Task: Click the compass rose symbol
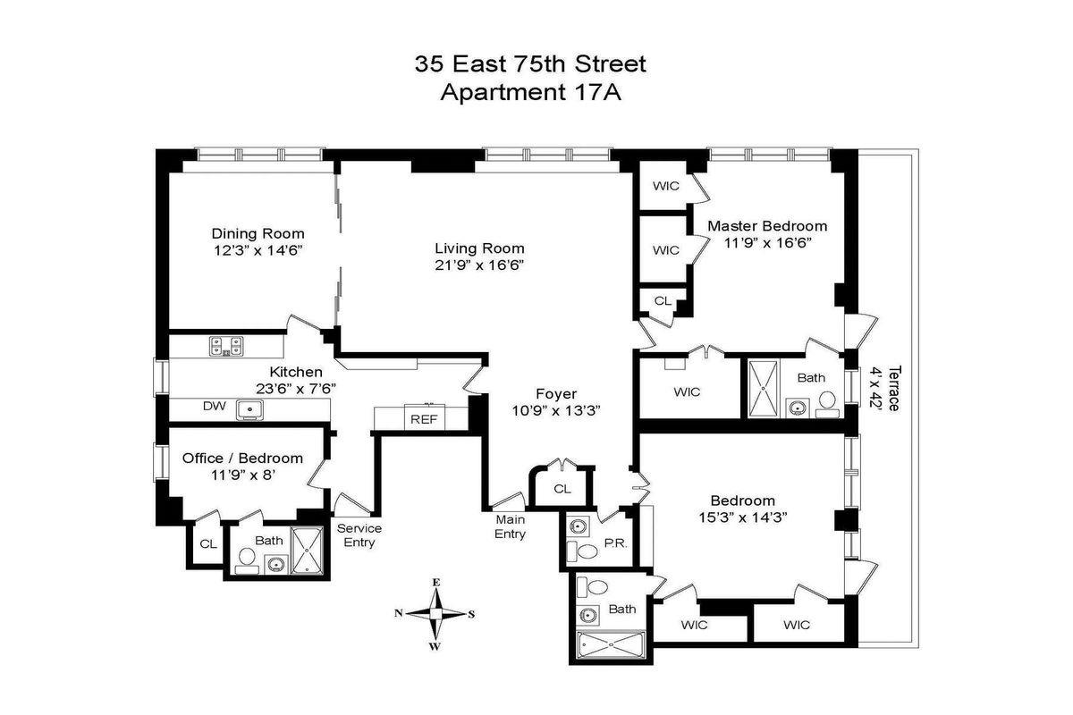435,613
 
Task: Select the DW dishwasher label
214,407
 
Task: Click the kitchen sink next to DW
250,409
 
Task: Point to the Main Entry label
511,526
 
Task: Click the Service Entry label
359,535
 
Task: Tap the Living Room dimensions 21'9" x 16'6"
479,265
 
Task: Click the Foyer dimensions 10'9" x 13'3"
555,410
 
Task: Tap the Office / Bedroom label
242,458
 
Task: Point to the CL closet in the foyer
562,489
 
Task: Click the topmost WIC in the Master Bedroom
665,186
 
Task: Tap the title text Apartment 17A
531,92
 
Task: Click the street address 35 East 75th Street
530,64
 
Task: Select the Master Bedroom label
767,226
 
